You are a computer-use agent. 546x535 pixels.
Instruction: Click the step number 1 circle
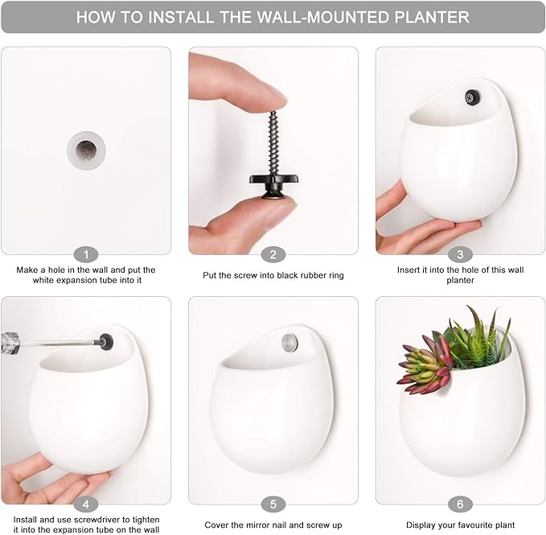(86, 254)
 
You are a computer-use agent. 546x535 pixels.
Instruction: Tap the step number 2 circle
(273, 254)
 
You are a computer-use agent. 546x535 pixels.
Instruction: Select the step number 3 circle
(460, 254)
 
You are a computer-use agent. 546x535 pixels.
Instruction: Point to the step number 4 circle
(86, 504)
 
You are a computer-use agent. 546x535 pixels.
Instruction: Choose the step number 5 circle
(273, 504)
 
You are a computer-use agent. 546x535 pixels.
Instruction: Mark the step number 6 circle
(460, 504)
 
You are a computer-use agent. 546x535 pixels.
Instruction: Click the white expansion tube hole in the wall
(86, 148)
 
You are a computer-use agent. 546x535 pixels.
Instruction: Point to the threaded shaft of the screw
(273, 137)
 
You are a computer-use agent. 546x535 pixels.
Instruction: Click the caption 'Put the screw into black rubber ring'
(273, 276)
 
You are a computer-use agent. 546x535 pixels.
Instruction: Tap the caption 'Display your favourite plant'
(460, 525)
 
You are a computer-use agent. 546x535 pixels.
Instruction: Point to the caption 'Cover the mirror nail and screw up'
(273, 525)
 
